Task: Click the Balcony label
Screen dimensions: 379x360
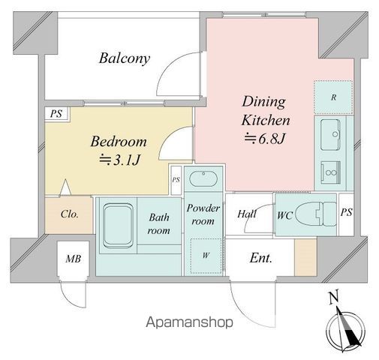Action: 125,58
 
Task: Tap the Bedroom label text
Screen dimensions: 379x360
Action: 119,142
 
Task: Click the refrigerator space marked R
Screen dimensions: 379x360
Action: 333,97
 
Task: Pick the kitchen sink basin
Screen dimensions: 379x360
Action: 330,134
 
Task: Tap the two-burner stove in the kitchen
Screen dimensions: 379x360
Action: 331,172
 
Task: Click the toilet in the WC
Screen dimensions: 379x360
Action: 316,214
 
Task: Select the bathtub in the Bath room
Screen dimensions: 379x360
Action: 118,226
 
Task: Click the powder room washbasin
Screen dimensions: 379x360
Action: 203,178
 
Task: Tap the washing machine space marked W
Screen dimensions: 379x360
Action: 206,256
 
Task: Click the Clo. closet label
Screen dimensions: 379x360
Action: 70,214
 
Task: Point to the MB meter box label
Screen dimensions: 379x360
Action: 73,259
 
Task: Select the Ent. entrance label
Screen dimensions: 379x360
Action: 260,258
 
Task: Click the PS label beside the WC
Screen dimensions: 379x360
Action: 347,212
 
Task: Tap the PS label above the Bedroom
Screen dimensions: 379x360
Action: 56,114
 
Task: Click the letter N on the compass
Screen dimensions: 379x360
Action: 334,297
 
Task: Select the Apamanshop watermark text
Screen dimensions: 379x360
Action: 189,322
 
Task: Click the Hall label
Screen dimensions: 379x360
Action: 247,214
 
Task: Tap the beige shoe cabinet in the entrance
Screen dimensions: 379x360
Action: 305,257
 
